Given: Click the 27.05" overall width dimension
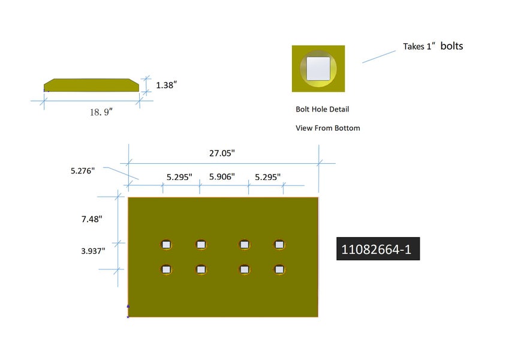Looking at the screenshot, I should point(221,153).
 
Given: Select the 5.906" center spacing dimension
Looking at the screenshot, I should point(221,177).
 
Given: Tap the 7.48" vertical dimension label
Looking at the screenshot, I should point(92,219).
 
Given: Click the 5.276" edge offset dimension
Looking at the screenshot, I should point(83,170).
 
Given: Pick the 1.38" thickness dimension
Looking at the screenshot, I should point(166,85).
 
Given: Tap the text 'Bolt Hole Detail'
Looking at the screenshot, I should point(322,109).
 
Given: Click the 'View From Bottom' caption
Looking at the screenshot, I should point(327,128).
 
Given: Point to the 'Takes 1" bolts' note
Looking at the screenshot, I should point(432,46).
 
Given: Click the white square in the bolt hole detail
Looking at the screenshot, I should point(318,68).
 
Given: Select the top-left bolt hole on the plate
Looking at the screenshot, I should point(167,244).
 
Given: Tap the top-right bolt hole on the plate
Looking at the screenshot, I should point(279,244).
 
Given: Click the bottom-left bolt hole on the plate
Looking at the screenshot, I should point(167,269).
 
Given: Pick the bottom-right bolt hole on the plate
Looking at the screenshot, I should point(279,269).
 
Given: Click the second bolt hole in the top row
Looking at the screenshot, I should point(201,244).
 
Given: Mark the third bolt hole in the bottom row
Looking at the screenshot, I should point(245,269).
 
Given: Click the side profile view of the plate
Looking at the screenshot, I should point(91,86).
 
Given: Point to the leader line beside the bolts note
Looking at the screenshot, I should point(379,56).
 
